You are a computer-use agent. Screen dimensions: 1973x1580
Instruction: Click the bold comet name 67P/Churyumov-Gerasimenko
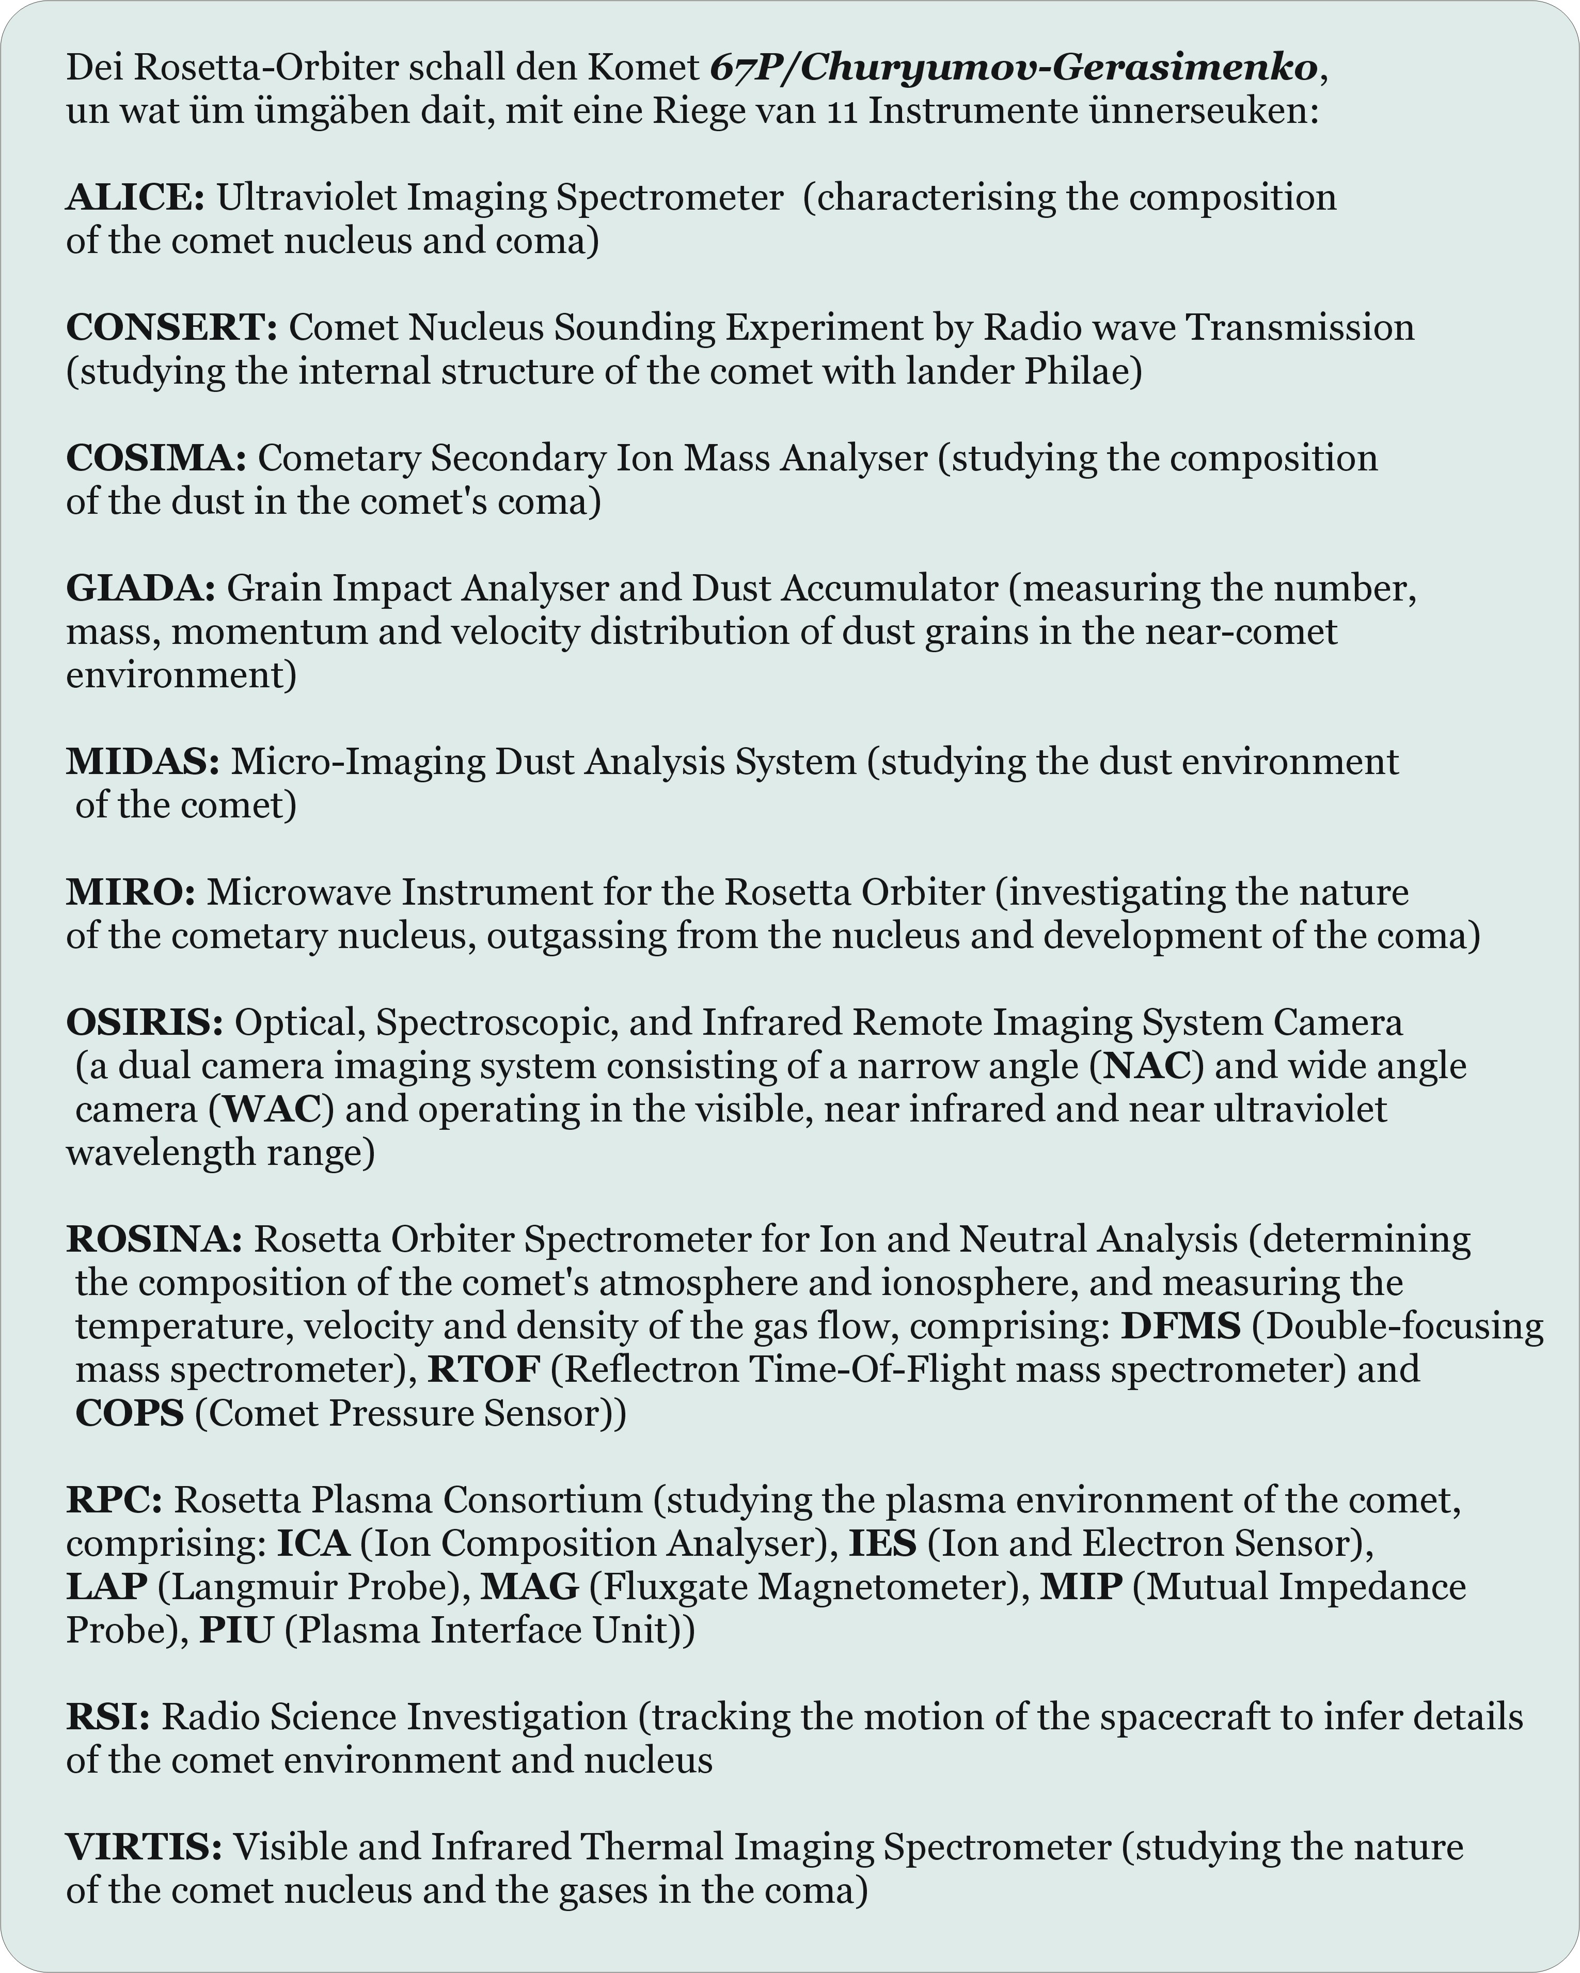click(1014, 68)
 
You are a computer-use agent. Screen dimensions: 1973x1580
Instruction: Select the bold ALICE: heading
click(135, 198)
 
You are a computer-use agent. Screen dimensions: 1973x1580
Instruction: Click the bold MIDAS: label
click(143, 762)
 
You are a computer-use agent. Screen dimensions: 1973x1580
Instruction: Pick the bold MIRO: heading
click(131, 892)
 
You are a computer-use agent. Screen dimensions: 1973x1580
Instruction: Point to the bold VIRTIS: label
click(144, 1846)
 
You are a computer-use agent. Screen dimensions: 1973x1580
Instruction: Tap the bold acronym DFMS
click(1180, 1326)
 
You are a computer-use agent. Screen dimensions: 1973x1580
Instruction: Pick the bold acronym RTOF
click(484, 1370)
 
